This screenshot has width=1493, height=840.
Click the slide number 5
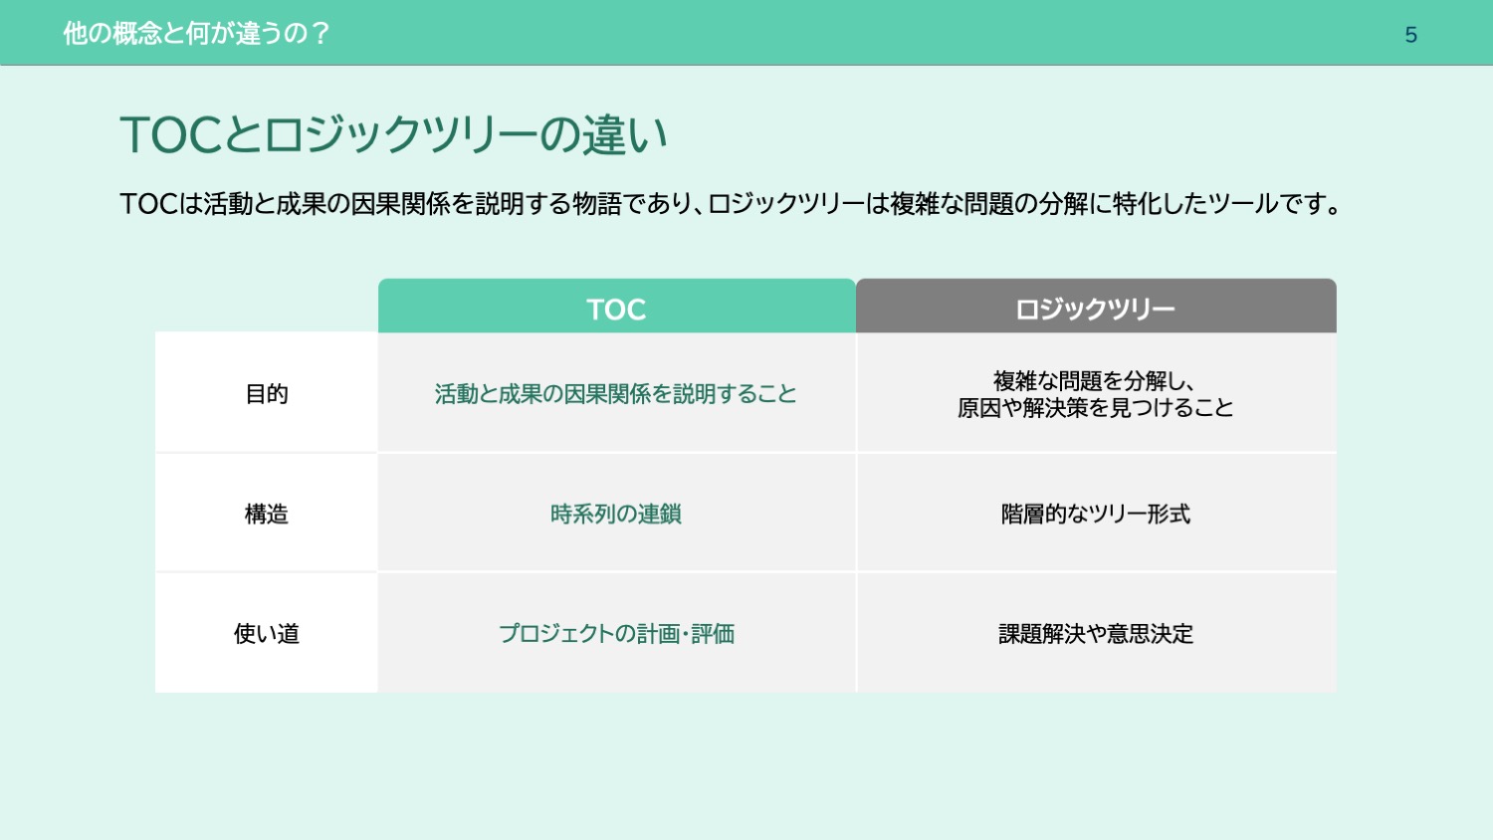point(1410,35)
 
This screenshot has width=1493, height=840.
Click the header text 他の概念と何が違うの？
point(196,33)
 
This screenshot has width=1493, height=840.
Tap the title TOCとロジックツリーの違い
point(393,134)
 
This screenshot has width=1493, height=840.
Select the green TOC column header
point(616,306)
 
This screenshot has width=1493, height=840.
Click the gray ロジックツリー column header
point(1096,306)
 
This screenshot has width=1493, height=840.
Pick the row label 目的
point(267,394)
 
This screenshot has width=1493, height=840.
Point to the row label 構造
point(267,514)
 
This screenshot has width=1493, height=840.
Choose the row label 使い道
point(267,633)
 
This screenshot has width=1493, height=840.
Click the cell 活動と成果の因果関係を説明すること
point(616,394)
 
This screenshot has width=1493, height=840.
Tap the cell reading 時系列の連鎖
point(616,514)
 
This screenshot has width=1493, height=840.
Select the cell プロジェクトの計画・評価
point(616,633)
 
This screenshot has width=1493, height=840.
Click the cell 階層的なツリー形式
point(1096,514)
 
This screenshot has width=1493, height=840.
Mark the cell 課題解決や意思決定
point(1096,633)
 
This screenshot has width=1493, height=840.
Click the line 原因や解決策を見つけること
point(1096,407)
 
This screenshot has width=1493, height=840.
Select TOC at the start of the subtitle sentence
point(149,204)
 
